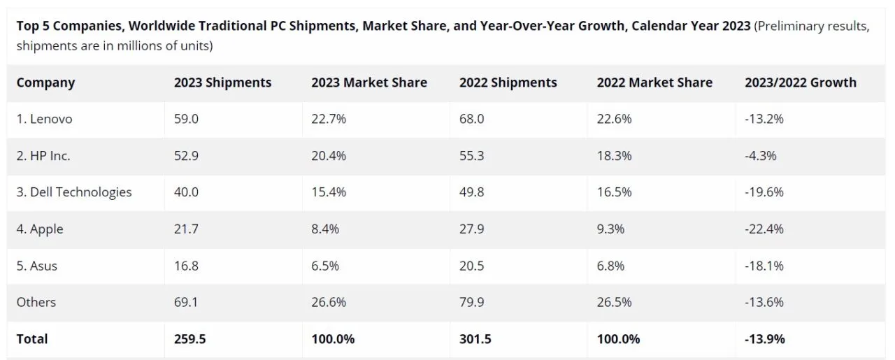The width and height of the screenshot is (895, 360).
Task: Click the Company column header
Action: tap(45, 82)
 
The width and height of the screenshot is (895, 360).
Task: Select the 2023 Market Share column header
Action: tap(369, 82)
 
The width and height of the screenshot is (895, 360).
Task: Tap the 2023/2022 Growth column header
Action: tap(801, 82)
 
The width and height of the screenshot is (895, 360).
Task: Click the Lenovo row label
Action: tap(44, 119)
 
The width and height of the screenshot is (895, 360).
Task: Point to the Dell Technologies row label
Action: tap(74, 192)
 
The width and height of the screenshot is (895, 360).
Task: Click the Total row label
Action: tap(32, 339)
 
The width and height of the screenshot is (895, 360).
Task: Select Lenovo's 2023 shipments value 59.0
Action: tap(187, 119)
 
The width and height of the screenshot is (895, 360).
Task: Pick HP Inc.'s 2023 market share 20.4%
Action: tap(329, 156)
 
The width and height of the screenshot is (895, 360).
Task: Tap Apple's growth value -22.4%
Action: tap(764, 229)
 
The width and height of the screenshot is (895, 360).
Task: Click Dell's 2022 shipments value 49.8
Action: tap(471, 192)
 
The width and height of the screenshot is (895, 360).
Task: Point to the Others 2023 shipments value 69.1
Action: tap(186, 302)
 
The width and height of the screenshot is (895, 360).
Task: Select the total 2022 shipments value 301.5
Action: tap(475, 339)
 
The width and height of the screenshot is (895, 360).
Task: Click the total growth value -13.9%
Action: tap(765, 339)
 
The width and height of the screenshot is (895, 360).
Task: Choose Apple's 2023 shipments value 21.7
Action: tap(186, 229)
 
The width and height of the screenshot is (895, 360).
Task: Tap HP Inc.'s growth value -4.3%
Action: tap(761, 156)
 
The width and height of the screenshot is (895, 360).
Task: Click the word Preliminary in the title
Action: tap(789, 26)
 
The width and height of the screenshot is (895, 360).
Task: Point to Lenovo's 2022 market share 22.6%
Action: tap(615, 119)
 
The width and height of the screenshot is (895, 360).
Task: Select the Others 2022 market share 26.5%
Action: tap(615, 302)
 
